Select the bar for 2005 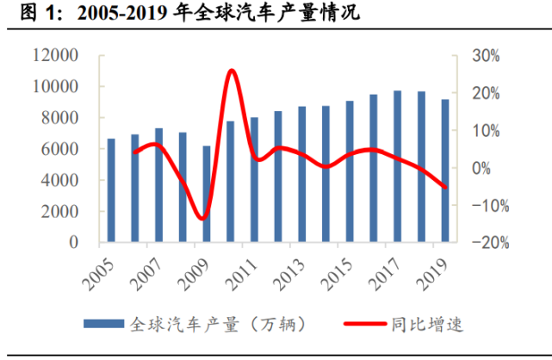pyautogui.click(x=111, y=190)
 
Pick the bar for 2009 pyautogui.click(x=207, y=194)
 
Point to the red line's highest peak pyautogui.click(x=231, y=71)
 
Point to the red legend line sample pyautogui.click(x=368, y=325)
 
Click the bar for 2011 pyautogui.click(x=254, y=180)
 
